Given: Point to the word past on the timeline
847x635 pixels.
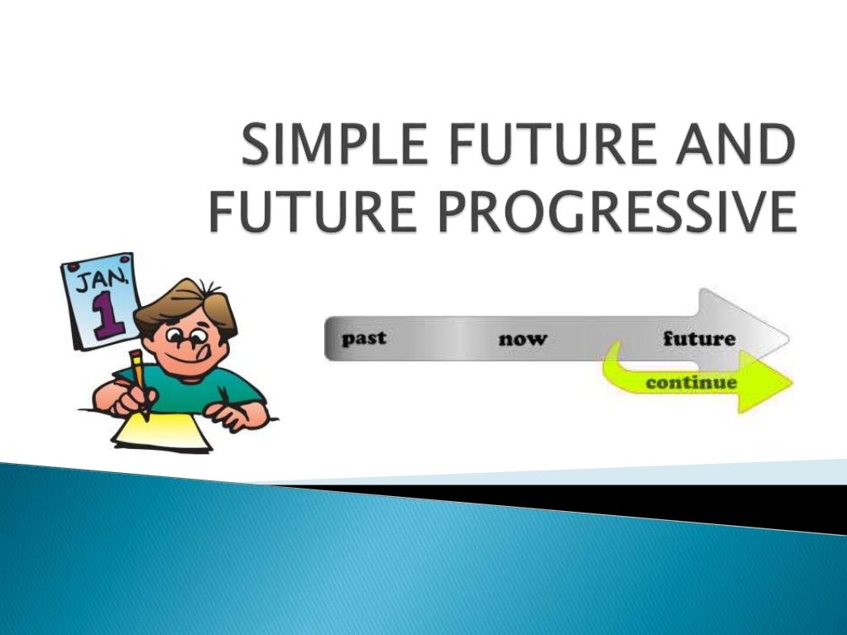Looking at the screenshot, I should click(364, 338).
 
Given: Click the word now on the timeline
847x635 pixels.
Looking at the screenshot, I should click(522, 339).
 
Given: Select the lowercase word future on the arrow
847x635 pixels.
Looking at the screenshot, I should click(699, 338).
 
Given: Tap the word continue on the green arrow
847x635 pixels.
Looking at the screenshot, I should click(691, 383).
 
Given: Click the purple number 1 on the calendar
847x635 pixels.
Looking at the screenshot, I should click(105, 316).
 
